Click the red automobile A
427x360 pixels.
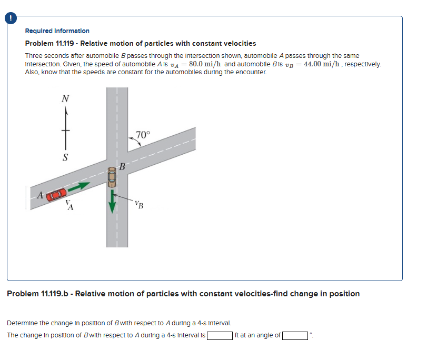click(56, 194)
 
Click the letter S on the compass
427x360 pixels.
click(65, 157)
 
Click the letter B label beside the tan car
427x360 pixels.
click(122, 168)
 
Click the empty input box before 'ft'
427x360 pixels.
click(220, 335)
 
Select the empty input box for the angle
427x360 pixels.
click(295, 335)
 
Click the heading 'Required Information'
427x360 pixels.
click(57, 31)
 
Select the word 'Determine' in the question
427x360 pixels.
click(22, 323)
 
